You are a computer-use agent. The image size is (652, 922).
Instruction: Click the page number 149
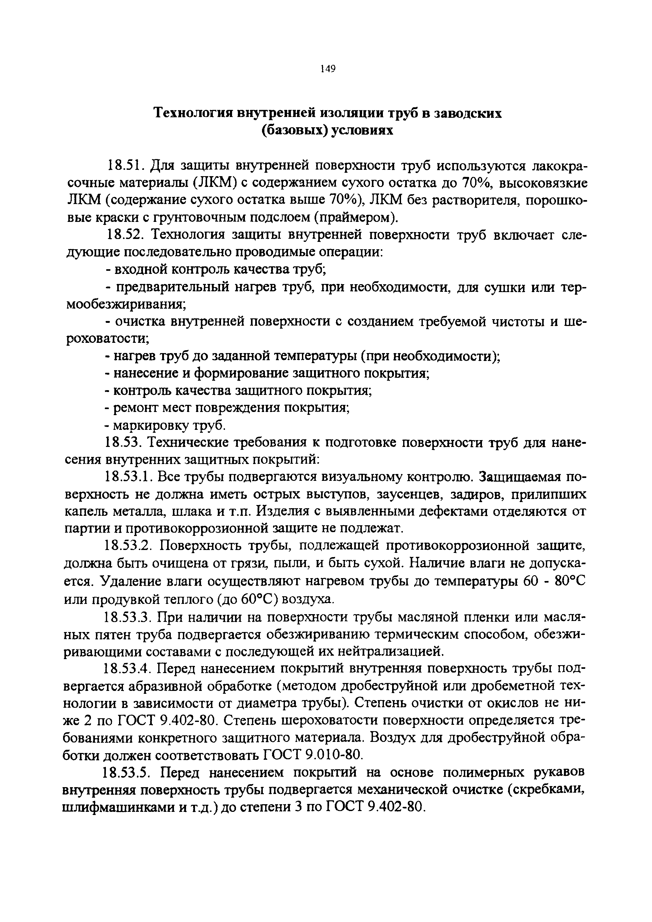(x=327, y=69)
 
